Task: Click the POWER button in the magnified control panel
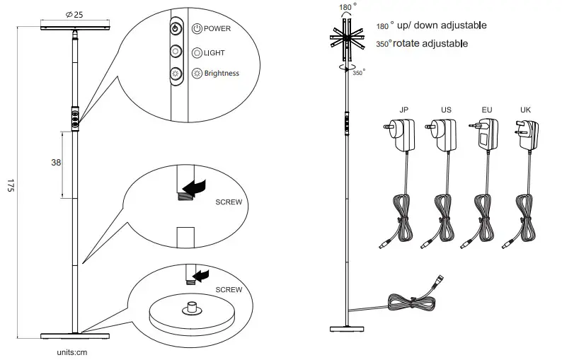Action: [176, 30]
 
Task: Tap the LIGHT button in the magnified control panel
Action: [176, 52]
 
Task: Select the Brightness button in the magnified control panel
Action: [176, 73]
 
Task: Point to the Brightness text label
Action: [221, 73]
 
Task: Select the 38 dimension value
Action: [57, 162]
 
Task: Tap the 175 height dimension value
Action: [11, 186]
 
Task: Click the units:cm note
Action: [71, 349]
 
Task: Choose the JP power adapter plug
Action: [403, 134]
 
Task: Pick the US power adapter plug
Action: [444, 134]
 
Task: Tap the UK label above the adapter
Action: [524, 110]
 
